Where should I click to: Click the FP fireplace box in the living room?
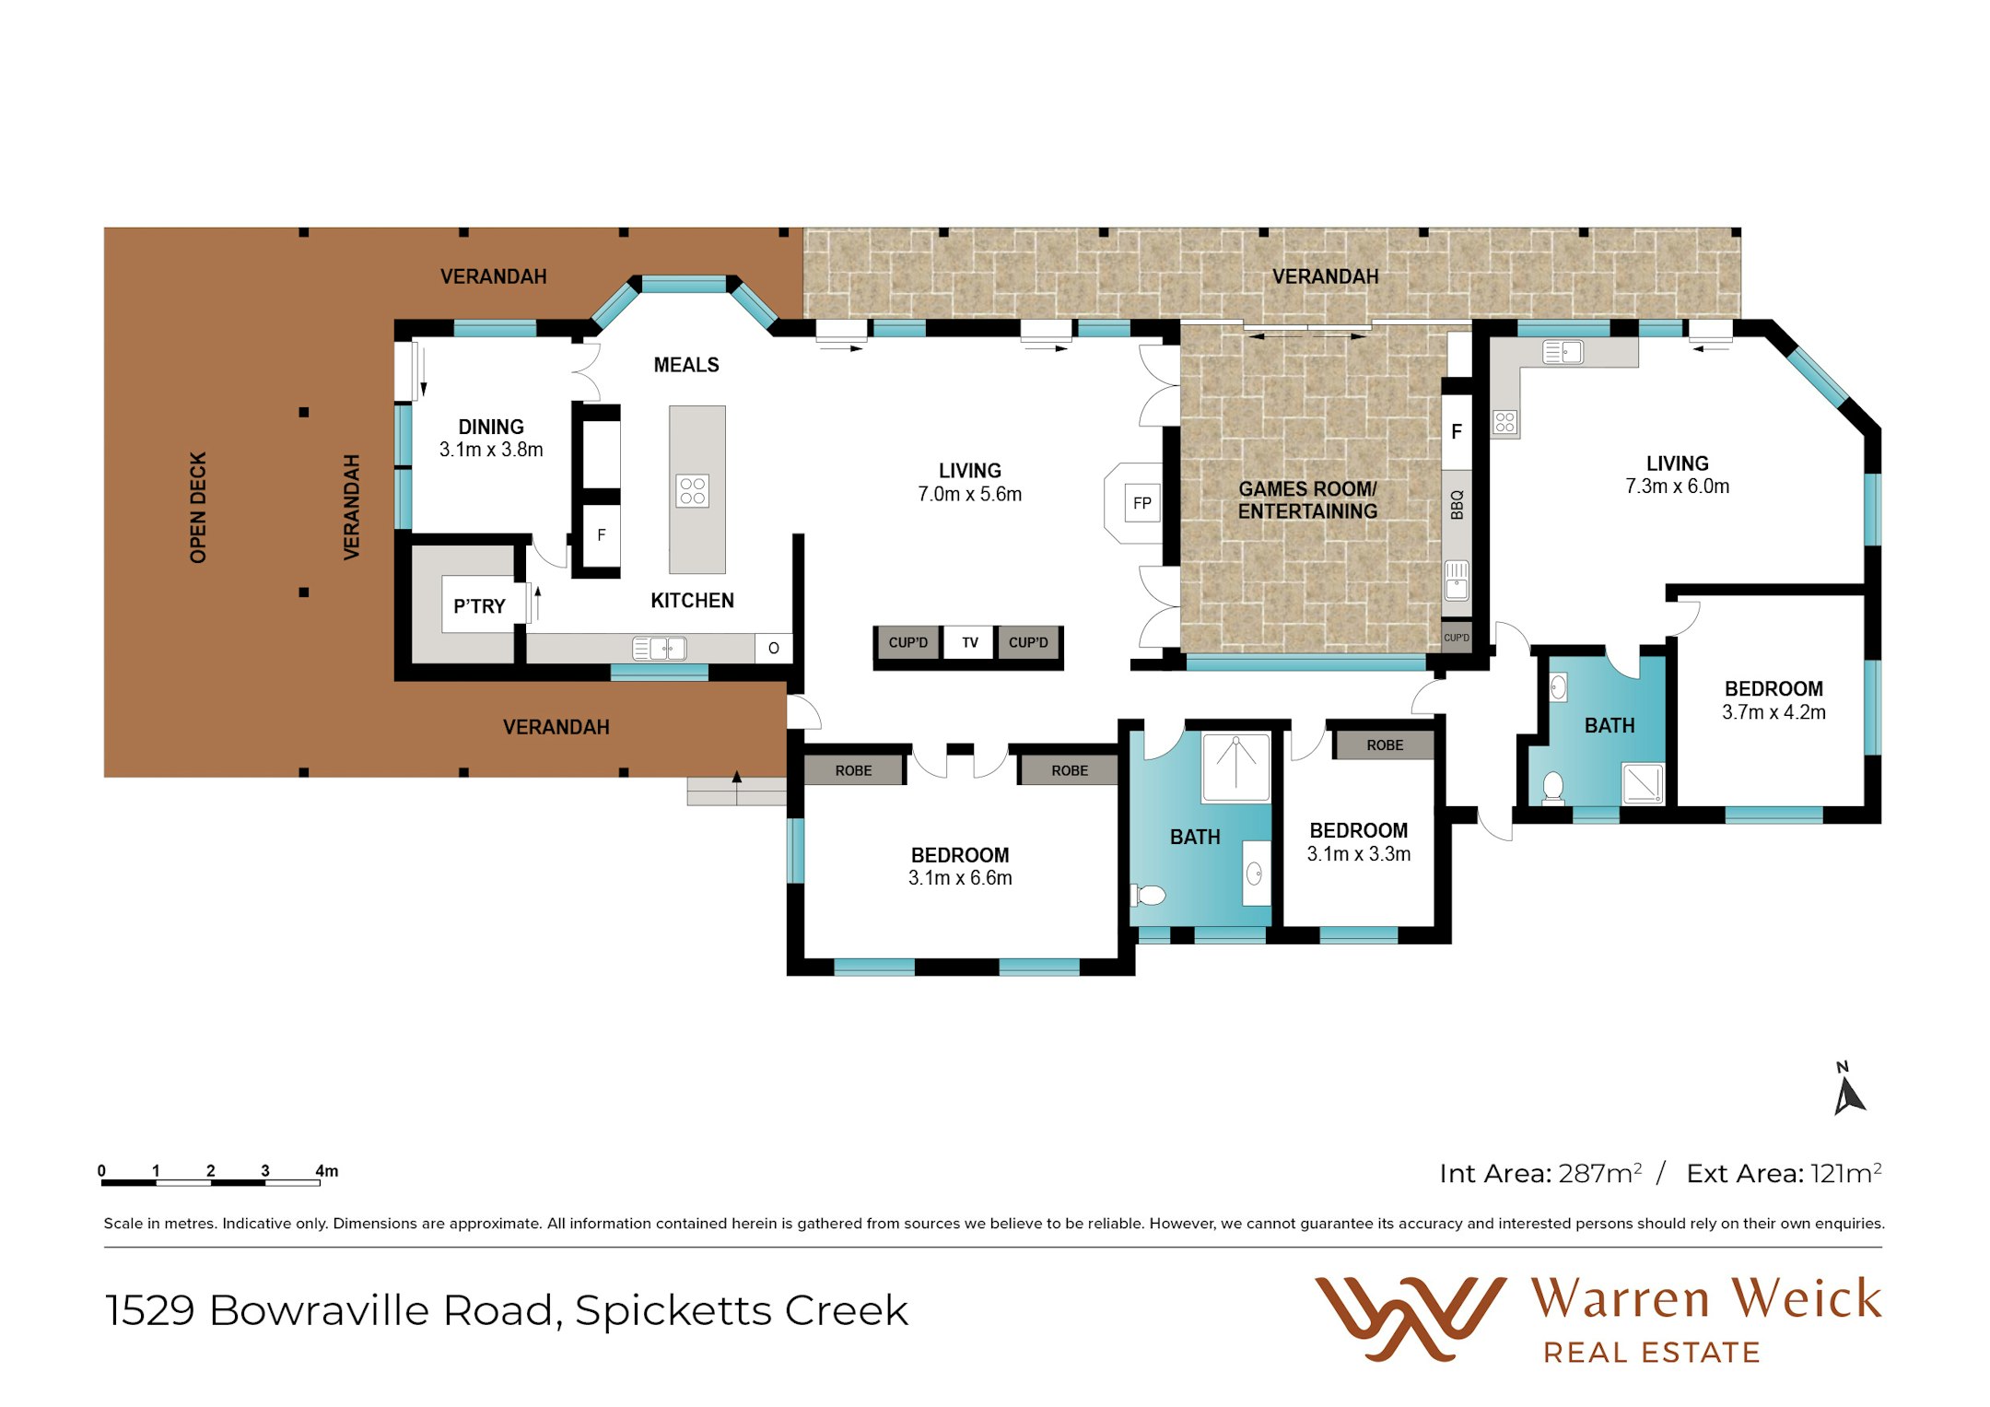pyautogui.click(x=1141, y=503)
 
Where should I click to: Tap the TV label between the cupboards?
pyautogui.click(x=969, y=642)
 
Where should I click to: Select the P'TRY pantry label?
pyautogui.click(x=479, y=606)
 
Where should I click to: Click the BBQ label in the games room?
pyautogui.click(x=1457, y=505)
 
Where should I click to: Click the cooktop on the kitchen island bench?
pyautogui.click(x=692, y=491)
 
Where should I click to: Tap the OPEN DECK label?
pyautogui.click(x=198, y=508)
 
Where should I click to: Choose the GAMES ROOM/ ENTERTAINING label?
pyautogui.click(x=1307, y=500)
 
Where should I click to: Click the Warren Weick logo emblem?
pyautogui.click(x=1410, y=1319)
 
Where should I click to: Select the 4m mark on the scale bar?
pyautogui.click(x=327, y=1171)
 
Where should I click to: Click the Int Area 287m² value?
pyautogui.click(x=1600, y=1173)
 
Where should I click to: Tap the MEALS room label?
pyautogui.click(x=686, y=365)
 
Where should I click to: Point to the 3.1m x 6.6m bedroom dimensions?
pyautogui.click(x=960, y=878)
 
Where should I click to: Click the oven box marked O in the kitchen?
pyautogui.click(x=773, y=648)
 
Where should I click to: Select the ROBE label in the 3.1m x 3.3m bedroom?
pyautogui.click(x=1385, y=745)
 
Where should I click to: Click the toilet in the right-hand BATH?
pyautogui.click(x=1553, y=788)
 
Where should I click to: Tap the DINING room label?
pyautogui.click(x=491, y=427)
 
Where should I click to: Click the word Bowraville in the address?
pyautogui.click(x=319, y=1310)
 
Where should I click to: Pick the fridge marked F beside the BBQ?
pyautogui.click(x=1457, y=431)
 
